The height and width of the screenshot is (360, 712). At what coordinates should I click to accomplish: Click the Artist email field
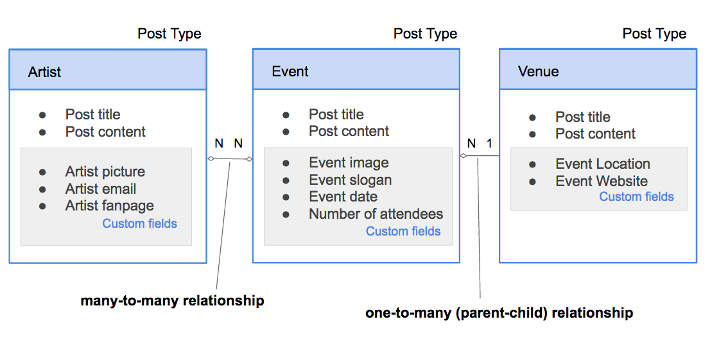point(100,189)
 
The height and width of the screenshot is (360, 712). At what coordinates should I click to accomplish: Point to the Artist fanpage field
point(109,206)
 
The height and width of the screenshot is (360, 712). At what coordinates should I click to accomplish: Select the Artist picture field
point(105,171)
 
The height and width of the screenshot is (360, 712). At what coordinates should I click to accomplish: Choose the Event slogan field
point(350,180)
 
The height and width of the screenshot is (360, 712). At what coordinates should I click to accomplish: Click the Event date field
point(343,197)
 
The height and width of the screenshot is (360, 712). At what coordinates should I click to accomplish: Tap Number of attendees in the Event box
point(376,214)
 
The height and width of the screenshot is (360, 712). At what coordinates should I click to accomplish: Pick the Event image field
point(349,162)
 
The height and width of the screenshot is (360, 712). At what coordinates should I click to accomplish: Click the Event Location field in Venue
point(602,164)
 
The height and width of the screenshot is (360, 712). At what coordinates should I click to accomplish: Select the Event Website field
point(601,181)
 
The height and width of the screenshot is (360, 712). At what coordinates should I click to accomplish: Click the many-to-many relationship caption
point(172,300)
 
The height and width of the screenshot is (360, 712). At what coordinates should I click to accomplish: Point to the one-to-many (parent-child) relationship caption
point(499,313)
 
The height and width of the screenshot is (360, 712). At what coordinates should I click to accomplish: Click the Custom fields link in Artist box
point(139,223)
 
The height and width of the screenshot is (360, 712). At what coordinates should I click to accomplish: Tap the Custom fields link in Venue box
point(636,196)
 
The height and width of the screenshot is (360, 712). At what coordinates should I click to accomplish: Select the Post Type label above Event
point(425,34)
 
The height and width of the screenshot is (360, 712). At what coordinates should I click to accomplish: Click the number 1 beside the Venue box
point(489,143)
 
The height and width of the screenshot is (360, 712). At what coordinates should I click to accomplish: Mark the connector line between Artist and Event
point(229,159)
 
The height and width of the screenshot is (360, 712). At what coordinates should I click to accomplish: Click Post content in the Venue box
point(595,133)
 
